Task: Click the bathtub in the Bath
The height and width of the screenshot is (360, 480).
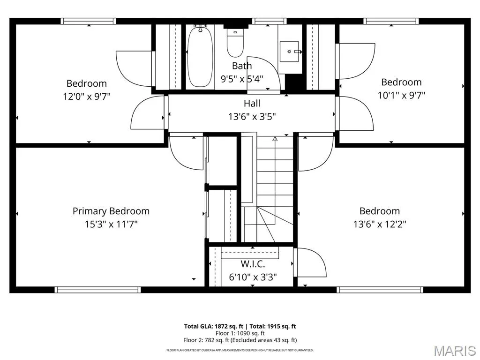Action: [x=200, y=57]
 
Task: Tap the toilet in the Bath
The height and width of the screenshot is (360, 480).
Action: [x=235, y=43]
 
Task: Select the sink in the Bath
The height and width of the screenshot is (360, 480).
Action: [x=289, y=52]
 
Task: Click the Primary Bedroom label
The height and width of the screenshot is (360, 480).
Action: [x=111, y=211]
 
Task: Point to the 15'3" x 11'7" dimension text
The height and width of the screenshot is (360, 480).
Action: [x=111, y=224]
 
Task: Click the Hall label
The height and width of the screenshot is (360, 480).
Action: [x=252, y=103]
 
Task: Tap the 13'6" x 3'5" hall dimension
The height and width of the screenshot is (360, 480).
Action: [x=252, y=116]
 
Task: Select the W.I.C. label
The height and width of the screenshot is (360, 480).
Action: [x=253, y=263]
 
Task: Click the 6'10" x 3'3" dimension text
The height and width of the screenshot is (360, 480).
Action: [x=253, y=277]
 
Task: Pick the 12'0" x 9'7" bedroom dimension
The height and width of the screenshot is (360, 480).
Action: [x=87, y=97]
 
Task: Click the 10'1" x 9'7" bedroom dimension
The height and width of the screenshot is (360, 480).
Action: [x=401, y=95]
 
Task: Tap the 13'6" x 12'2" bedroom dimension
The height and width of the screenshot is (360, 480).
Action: [x=380, y=224]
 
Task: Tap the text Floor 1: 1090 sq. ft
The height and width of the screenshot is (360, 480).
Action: [x=240, y=333]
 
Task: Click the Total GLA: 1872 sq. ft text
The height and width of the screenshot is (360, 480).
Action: [x=214, y=326]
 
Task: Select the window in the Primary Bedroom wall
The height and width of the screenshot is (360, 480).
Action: [x=97, y=290]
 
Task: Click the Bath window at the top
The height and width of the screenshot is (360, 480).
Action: [x=270, y=21]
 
